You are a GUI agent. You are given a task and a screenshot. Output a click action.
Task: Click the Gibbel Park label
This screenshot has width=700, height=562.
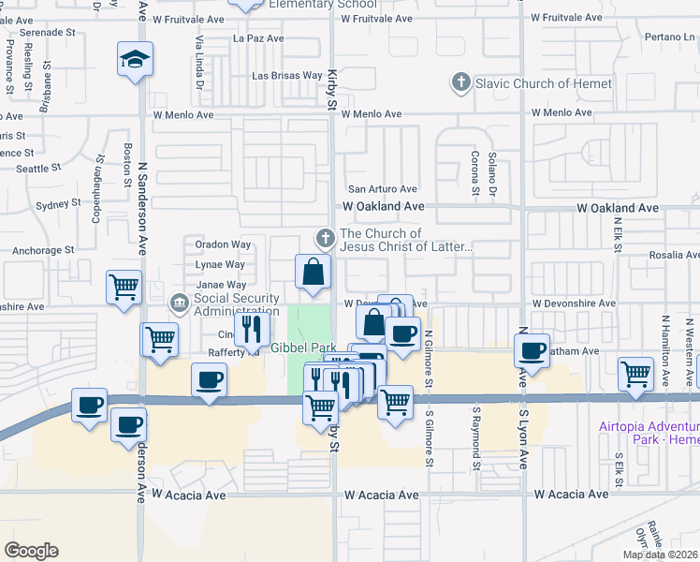tap(302, 348)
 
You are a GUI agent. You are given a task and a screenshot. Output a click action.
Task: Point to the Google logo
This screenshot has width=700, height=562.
tap(31, 551)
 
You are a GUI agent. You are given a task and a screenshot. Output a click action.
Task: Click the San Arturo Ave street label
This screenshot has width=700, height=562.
tap(382, 189)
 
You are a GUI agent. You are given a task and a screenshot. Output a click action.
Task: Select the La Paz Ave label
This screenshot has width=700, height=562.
tap(251, 38)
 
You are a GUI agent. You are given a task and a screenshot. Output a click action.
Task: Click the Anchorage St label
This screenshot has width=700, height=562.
tap(42, 250)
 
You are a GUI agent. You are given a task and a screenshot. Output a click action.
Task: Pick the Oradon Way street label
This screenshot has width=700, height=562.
tap(222, 244)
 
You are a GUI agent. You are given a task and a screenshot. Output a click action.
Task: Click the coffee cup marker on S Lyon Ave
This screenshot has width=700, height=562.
tap(532, 351)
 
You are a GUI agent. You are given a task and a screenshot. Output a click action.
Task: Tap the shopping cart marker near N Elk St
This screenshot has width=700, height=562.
tap(636, 373)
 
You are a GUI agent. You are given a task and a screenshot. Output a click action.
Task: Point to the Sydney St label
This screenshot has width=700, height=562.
tap(59, 204)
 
